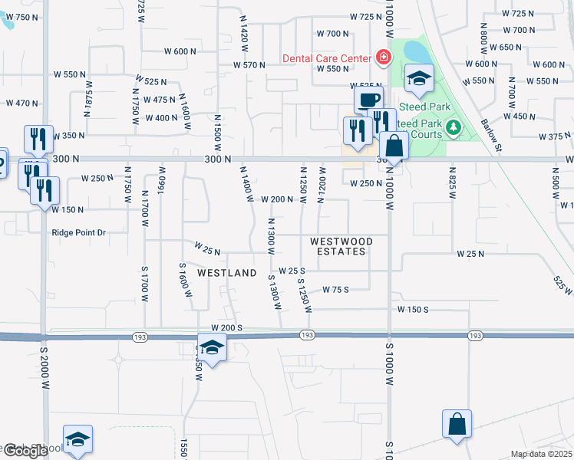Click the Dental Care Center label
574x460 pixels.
(326, 58)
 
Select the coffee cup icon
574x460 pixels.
(368, 100)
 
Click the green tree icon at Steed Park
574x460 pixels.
(453, 126)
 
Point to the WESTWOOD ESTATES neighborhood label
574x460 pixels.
(341, 246)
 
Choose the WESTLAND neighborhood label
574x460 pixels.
(226, 273)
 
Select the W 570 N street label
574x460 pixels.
(250, 65)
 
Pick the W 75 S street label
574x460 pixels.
(336, 290)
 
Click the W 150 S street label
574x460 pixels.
(413, 309)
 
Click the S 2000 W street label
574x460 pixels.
(43, 364)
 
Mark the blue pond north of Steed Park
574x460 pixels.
(415, 52)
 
